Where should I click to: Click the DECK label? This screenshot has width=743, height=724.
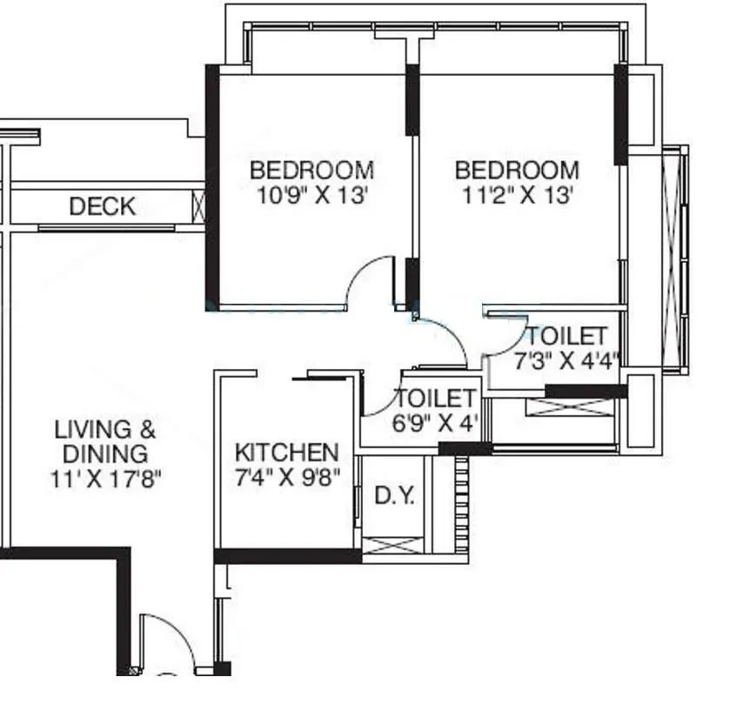click(x=103, y=206)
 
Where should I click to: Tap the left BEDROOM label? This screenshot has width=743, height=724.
click(x=311, y=170)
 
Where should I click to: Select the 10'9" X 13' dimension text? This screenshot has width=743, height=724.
click(x=312, y=195)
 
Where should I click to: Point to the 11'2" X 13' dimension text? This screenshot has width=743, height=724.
click(x=518, y=195)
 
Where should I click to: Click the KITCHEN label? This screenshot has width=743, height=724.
click(x=287, y=452)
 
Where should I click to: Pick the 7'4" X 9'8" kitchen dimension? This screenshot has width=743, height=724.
click(x=288, y=478)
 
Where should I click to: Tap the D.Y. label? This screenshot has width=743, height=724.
click(x=395, y=496)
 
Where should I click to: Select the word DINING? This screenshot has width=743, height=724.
click(x=105, y=454)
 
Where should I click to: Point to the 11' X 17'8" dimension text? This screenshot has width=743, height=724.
click(x=105, y=479)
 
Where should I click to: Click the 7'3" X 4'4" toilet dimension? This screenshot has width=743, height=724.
click(x=566, y=361)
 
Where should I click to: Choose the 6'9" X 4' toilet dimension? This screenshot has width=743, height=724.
click(x=434, y=423)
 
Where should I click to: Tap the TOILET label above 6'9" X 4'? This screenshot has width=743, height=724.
click(x=435, y=399)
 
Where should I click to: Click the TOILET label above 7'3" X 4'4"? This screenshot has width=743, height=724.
click(x=566, y=337)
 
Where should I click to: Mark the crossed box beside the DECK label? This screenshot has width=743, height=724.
click(x=199, y=206)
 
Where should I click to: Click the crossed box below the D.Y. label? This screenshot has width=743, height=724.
click(x=392, y=545)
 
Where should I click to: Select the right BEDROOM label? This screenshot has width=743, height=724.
click(x=517, y=170)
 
